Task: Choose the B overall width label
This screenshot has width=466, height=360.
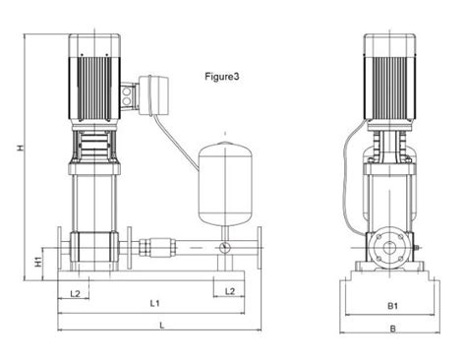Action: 390,330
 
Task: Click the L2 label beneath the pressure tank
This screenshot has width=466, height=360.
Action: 229,291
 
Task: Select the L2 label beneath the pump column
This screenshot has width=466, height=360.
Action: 76,291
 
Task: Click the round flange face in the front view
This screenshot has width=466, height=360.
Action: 390,249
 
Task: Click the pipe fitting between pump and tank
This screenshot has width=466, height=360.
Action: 157,249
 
